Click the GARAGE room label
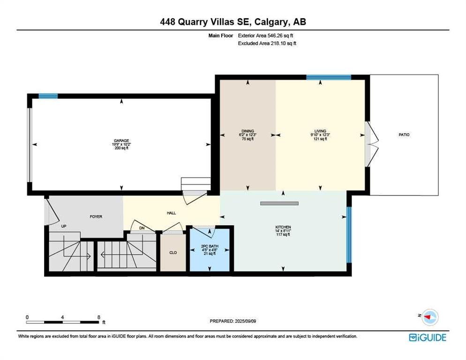[x=121, y=141]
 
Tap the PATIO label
[x=404, y=135]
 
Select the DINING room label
[x=248, y=131]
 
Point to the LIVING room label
[x=320, y=131]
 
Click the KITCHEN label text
[x=283, y=227]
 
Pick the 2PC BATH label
[x=210, y=246]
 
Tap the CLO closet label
[x=173, y=253]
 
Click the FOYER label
[x=96, y=217]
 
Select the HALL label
[x=171, y=213]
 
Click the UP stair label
[x=64, y=226]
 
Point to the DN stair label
[x=142, y=228]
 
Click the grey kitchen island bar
[x=279, y=203]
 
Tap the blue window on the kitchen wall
[x=349, y=235]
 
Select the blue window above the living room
[x=329, y=77]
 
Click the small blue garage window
[x=48, y=96]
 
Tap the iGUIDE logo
[x=428, y=337]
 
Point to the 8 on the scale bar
[x=98, y=317]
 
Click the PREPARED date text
[x=233, y=321]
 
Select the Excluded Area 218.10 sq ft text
[x=267, y=44]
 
